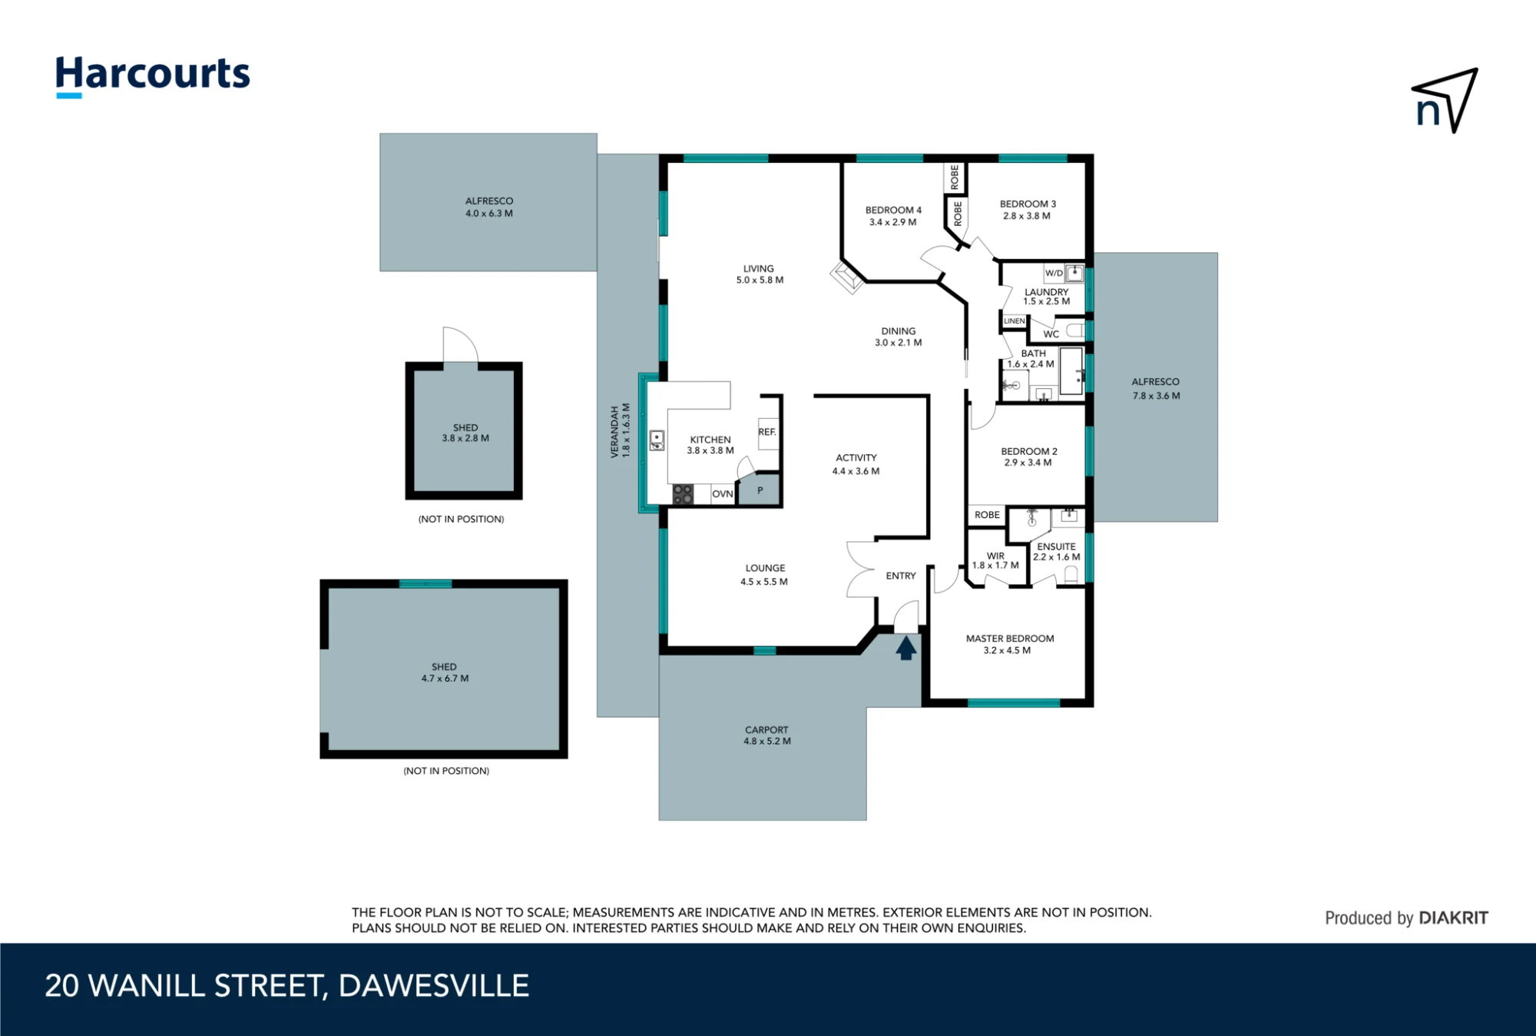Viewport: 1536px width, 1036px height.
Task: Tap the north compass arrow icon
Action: pos(1445,101)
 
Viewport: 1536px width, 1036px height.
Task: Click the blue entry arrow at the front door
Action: pos(906,648)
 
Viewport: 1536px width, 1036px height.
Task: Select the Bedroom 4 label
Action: pos(893,216)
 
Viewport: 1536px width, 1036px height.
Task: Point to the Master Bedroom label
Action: pos(1009,644)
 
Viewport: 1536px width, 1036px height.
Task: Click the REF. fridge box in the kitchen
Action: pos(768,433)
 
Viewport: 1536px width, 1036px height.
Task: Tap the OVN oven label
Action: pos(722,494)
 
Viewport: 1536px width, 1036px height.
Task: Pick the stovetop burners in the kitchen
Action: pos(683,494)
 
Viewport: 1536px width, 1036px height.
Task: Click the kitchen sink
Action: pos(657,440)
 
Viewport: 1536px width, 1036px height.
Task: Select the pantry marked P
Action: pos(760,490)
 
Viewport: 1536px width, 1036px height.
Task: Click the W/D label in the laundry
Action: pos(1054,273)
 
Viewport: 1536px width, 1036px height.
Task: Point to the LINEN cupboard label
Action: pos(1014,321)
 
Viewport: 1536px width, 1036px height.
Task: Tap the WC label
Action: pos(1051,334)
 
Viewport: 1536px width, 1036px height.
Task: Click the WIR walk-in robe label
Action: pos(995,560)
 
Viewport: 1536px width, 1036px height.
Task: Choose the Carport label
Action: pos(766,735)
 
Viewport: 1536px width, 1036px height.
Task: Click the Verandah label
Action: pos(620,431)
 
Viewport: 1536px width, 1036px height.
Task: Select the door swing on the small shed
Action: pos(461,344)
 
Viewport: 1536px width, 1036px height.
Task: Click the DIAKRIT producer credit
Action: pos(1406,918)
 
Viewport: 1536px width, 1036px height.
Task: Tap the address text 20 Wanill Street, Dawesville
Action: pos(287,986)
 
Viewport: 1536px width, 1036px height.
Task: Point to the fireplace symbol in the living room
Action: pos(847,277)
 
